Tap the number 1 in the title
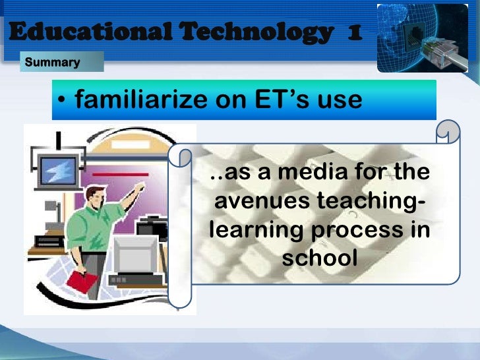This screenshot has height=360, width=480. [353, 31]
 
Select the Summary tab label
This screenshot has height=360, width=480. [52, 63]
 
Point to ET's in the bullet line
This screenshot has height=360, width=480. [283, 100]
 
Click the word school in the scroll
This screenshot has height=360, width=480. [320, 258]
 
